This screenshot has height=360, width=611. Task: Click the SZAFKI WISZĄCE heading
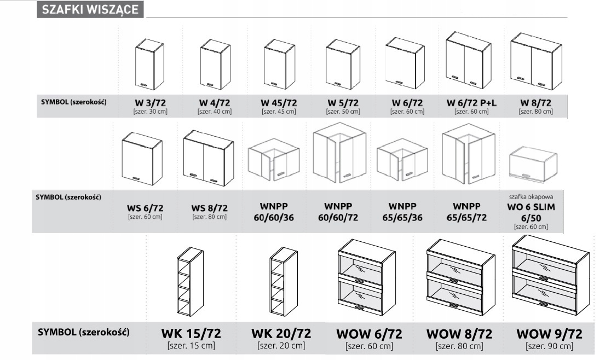click(90, 9)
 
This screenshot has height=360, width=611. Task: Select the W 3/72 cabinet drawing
click(149, 64)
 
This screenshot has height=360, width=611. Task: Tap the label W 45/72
click(279, 103)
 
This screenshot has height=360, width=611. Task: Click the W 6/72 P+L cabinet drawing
click(469, 61)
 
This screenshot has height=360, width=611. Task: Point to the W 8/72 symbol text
click(536, 103)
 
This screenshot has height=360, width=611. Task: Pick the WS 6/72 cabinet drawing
click(142, 159)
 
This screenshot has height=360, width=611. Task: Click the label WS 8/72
click(209, 208)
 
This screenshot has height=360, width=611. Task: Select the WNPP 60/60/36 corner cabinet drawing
click(274, 160)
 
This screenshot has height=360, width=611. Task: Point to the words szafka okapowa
click(531, 197)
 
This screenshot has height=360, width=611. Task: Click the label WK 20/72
click(281, 334)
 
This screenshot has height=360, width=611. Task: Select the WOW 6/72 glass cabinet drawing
click(366, 277)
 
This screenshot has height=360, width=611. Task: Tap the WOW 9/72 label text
click(549, 334)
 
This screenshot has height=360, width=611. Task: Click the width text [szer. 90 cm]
click(549, 346)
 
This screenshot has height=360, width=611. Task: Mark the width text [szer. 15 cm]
click(191, 345)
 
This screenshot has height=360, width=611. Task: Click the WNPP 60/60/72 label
click(338, 212)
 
